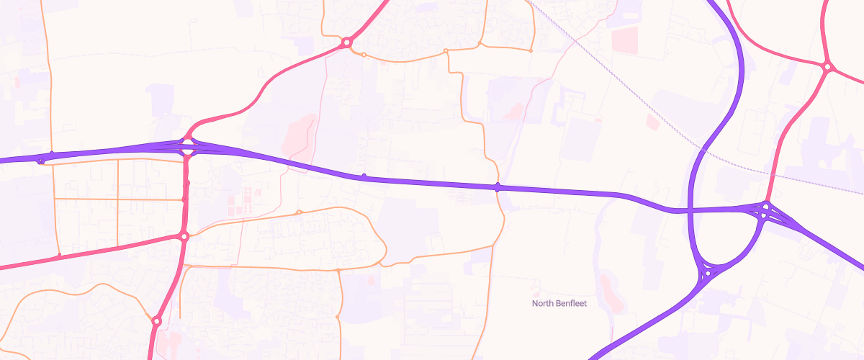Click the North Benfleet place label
[x=559, y=303]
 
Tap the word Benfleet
[x=570, y=303]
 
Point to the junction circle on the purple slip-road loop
[x=708, y=273]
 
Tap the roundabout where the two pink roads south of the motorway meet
[x=184, y=236]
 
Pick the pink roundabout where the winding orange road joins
[x=156, y=320]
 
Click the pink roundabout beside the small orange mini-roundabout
[x=346, y=42]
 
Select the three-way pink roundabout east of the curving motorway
[x=827, y=67]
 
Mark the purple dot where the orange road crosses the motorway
[x=498, y=187]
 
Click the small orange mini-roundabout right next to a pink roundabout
[x=364, y=55]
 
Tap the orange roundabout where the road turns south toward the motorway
[x=446, y=51]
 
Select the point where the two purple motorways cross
[x=690, y=211]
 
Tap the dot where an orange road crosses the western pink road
[x=60, y=256]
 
